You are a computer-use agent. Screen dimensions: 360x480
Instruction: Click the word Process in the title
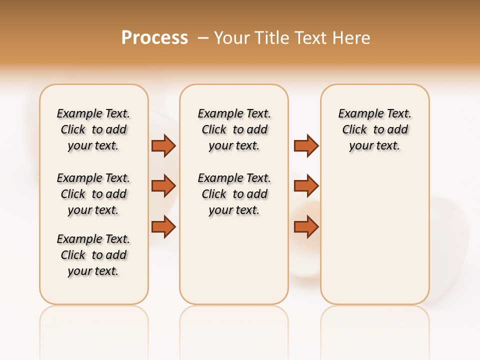[154, 38]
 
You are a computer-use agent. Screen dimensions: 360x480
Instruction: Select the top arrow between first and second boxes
[163, 145]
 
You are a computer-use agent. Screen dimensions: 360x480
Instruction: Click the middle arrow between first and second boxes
[163, 186]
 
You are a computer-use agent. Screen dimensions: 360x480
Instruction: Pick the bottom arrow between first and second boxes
[163, 226]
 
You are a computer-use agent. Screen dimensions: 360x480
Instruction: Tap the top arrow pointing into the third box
[306, 145]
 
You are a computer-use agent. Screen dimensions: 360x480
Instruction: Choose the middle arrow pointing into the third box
[306, 186]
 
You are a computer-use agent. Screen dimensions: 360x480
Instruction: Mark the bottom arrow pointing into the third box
[306, 226]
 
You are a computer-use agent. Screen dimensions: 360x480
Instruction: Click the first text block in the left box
[93, 129]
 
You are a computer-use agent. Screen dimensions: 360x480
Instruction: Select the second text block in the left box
[93, 194]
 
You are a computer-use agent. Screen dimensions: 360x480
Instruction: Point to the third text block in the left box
[93, 255]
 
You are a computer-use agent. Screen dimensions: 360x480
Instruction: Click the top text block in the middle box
[234, 129]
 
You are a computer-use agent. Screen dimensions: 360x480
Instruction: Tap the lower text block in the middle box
[234, 194]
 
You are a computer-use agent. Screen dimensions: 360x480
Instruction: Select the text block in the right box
[374, 129]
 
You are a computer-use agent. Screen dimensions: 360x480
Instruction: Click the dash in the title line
[203, 38]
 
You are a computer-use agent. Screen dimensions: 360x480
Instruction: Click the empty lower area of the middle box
[234, 260]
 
